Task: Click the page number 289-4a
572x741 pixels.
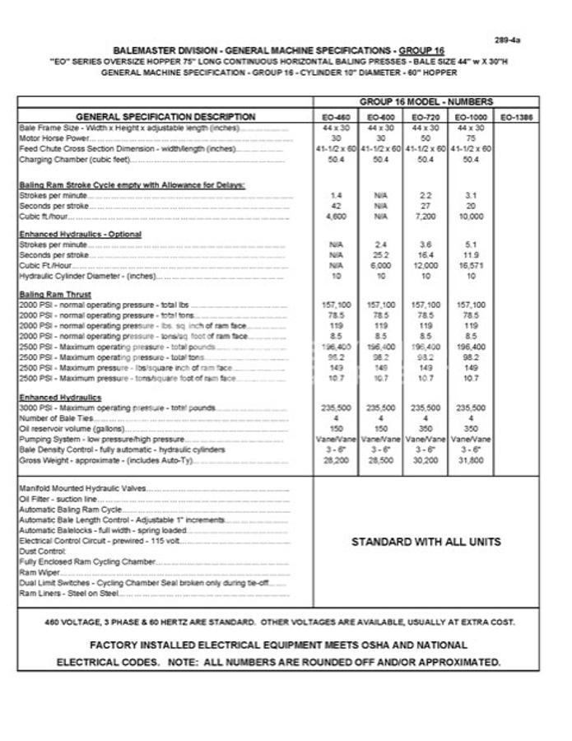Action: (x=508, y=40)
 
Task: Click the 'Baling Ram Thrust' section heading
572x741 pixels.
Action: (x=55, y=294)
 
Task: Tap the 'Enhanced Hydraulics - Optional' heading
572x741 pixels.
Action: (x=80, y=235)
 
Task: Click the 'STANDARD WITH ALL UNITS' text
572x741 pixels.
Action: (x=426, y=542)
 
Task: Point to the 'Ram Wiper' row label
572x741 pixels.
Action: (x=38, y=571)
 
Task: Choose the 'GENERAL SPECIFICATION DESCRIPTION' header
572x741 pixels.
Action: (x=165, y=117)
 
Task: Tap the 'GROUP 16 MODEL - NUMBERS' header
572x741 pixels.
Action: (x=426, y=102)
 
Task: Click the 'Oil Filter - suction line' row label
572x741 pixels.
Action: (x=59, y=499)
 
